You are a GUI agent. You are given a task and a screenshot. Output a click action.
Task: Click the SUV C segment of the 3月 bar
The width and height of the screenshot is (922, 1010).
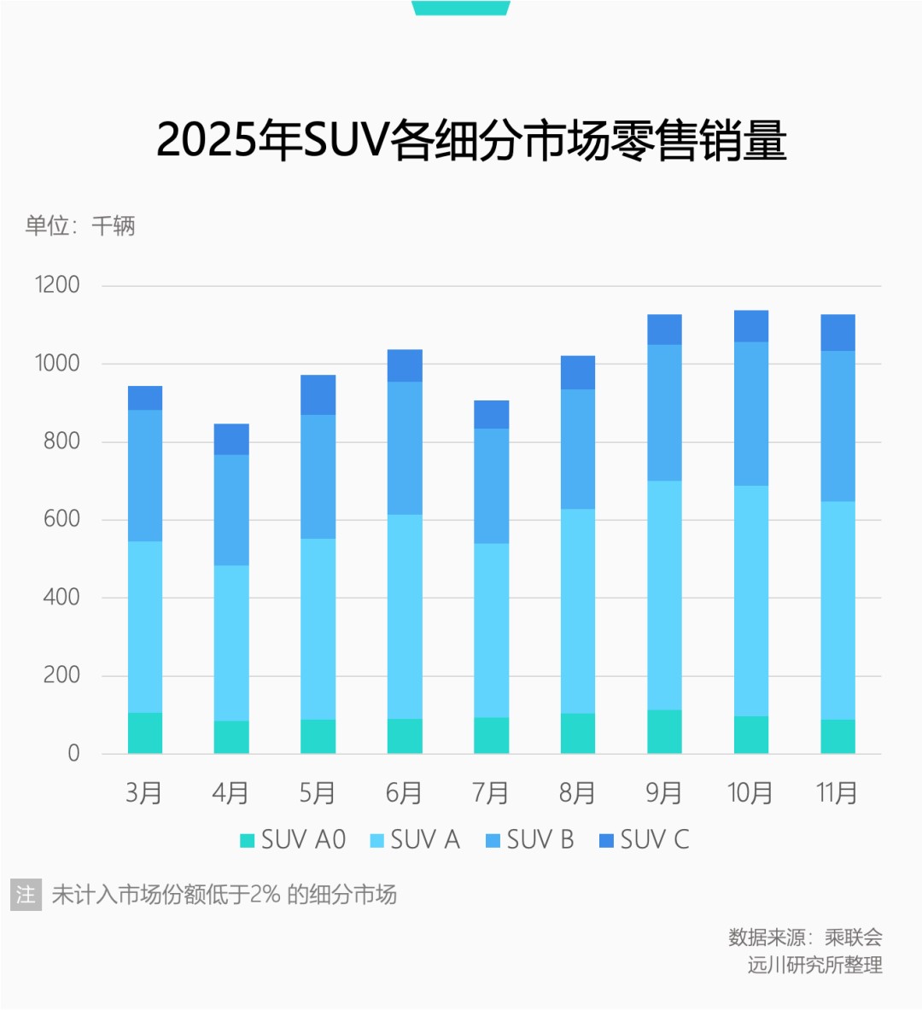point(145,398)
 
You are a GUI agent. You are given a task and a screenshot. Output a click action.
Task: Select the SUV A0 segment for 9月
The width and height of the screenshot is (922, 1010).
point(664,732)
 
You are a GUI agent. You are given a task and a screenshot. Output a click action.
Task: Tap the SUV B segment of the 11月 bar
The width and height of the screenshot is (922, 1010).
point(837,426)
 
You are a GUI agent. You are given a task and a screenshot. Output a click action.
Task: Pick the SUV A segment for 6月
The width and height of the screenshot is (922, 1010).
point(405,616)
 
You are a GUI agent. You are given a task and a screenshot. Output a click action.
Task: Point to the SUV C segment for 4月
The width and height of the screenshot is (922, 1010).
point(231,440)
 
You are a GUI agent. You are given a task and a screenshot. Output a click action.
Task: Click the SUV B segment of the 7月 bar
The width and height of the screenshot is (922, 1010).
point(491,486)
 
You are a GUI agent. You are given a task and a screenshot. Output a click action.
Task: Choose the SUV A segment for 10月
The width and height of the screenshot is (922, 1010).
point(751,601)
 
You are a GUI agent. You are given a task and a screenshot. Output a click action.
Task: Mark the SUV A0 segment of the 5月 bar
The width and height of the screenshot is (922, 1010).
point(318,737)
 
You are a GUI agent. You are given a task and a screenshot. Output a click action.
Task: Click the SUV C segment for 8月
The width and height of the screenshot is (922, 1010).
point(578,373)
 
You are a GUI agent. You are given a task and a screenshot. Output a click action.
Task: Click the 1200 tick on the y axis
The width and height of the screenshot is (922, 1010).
point(57,285)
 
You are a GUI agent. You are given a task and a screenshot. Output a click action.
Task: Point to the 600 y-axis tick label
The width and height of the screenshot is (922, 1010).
point(61,519)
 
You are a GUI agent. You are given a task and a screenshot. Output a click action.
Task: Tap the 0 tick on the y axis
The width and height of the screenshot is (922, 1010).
point(73,754)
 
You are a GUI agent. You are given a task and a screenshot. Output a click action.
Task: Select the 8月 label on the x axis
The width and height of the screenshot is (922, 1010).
point(577,793)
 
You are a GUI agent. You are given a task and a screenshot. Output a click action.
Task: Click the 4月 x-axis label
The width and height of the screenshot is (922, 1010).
point(230,793)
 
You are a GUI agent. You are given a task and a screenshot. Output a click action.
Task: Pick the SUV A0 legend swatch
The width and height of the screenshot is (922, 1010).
point(248,841)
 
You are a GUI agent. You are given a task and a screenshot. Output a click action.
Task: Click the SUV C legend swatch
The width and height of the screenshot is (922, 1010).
point(607,841)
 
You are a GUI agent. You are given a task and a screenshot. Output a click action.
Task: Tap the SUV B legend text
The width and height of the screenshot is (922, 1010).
point(540,840)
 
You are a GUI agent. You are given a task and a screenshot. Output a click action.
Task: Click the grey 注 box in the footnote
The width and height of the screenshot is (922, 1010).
point(26,895)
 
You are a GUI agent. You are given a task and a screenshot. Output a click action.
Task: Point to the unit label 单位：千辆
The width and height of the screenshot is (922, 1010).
point(80,226)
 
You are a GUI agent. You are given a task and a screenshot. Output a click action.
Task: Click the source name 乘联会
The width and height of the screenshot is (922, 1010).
point(853,937)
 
